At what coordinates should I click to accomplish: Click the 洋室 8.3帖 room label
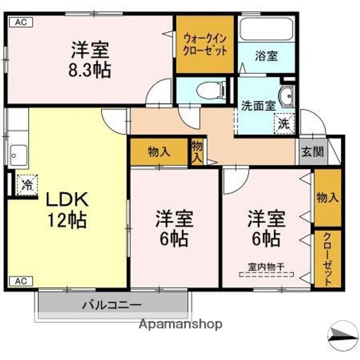[90, 59]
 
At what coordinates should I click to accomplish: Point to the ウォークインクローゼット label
[205, 43]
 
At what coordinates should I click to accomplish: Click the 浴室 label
[266, 55]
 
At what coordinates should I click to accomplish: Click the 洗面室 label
[258, 105]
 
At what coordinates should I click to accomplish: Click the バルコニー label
[112, 305]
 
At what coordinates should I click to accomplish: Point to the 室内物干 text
[266, 266]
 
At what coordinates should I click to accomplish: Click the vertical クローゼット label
[327, 259]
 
